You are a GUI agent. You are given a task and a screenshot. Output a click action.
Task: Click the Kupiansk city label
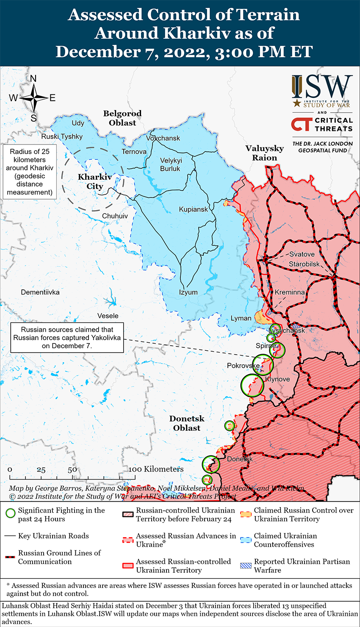pyautogui.click(x=194, y=209)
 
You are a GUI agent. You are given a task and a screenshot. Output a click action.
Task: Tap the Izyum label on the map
pyautogui.click(x=188, y=292)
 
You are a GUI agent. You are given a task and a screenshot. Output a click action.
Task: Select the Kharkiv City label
pyautogui.click(x=95, y=182)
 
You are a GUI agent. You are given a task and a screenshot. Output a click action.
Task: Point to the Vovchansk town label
pyautogui.click(x=163, y=138)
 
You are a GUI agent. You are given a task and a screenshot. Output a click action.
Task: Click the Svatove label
pyautogui.click(x=302, y=254)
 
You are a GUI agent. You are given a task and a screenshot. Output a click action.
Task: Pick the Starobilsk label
pyautogui.click(x=305, y=264)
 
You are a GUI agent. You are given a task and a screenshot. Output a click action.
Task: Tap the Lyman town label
pyautogui.click(x=241, y=318)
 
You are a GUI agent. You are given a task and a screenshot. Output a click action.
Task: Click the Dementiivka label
pyautogui.click(x=40, y=292)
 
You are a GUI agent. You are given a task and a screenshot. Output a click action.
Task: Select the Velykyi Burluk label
pyautogui.click(x=171, y=164)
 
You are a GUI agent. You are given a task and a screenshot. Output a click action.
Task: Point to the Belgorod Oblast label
pyautogui.click(x=122, y=118)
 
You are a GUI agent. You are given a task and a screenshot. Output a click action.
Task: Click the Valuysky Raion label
pyautogui.click(x=265, y=153)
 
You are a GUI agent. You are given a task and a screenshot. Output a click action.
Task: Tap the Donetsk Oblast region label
pyautogui.click(x=187, y=423)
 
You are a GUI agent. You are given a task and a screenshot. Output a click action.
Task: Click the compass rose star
pyautogui.click(x=33, y=98)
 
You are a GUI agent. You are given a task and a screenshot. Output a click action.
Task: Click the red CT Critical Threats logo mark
pyautogui.click(x=302, y=124)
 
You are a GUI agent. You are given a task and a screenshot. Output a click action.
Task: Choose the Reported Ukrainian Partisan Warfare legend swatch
pyautogui.click(x=246, y=566)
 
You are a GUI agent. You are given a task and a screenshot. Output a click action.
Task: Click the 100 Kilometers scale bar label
pyautogui.click(x=156, y=469)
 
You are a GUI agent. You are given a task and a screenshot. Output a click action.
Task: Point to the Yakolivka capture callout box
pyautogui.click(x=67, y=338)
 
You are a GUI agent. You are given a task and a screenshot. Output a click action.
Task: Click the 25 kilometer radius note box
pyautogui.click(x=30, y=172)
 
